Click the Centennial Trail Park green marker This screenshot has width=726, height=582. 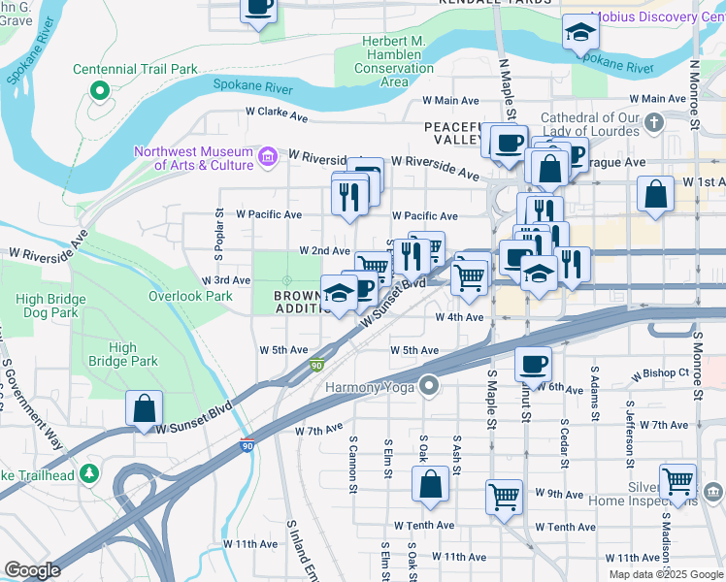pos(98,90)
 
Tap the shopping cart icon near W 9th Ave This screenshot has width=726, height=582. pos(504,498)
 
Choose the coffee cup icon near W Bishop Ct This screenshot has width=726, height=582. pos(533,365)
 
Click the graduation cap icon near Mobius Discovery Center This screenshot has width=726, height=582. pos(580,34)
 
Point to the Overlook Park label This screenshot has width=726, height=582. pos(190,296)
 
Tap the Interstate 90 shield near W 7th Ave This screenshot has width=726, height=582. pos(247,441)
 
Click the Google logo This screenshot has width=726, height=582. pos(33,569)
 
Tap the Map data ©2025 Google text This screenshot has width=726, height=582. pos(665,574)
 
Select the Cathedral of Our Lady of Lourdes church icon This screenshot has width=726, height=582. pos(654,122)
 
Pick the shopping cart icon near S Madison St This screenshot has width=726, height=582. pos(677,480)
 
